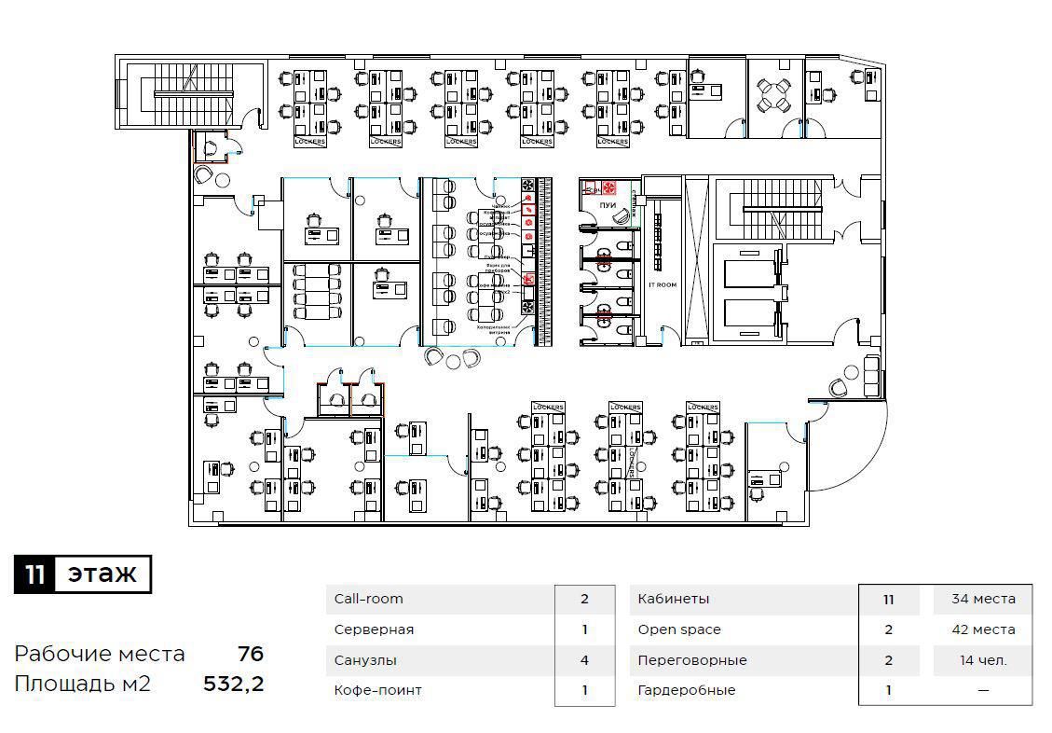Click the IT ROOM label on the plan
point(663,284)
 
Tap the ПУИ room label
point(608,204)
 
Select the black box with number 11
point(34,574)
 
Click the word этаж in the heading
point(102,574)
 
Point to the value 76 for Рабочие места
point(250,654)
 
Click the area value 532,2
point(234,685)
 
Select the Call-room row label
point(369,599)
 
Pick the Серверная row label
point(374,629)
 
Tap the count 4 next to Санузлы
point(584,660)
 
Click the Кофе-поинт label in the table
point(377,690)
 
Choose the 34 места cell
point(983,599)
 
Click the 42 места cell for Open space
point(983,629)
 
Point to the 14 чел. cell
point(983,660)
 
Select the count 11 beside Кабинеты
point(888,599)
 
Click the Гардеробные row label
point(686,690)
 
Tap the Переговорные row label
point(692,660)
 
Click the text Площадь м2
point(82,685)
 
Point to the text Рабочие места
point(100,654)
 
